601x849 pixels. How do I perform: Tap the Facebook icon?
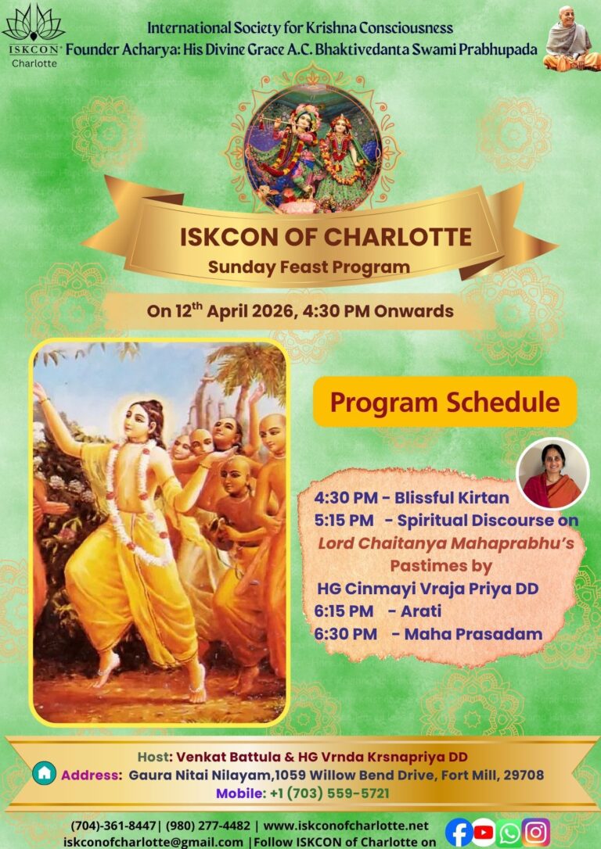(459, 833)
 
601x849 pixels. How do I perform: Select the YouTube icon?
(484, 833)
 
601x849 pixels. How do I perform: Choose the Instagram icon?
(535, 833)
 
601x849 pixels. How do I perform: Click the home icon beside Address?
(44, 773)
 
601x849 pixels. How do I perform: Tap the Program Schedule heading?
(444, 403)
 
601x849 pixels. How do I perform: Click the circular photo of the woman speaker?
(552, 473)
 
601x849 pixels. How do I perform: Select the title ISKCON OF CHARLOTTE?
(326, 238)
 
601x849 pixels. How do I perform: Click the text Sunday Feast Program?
(309, 267)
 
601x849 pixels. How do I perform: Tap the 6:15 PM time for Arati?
(344, 611)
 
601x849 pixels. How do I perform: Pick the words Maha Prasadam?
(473, 633)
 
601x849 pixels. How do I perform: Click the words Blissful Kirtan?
(452, 497)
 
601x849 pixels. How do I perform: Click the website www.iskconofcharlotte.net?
(345, 826)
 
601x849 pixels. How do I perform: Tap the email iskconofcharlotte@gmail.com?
(153, 842)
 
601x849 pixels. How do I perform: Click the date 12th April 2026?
(232, 311)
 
